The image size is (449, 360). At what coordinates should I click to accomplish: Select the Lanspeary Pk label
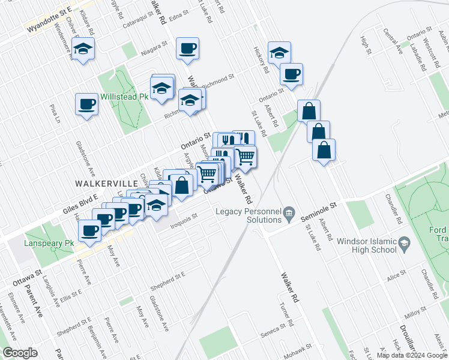coord(48,244)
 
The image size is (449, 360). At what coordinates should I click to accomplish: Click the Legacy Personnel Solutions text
coord(248,215)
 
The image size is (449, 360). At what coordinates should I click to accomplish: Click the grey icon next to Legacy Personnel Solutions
coord(289,212)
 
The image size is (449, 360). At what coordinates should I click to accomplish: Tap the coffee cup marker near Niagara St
coord(188,49)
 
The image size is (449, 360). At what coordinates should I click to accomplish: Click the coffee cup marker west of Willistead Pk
coord(86,104)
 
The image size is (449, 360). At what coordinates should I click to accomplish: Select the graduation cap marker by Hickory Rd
coord(279,53)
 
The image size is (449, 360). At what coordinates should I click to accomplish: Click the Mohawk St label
coord(298,350)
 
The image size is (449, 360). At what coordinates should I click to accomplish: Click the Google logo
coord(20,353)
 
